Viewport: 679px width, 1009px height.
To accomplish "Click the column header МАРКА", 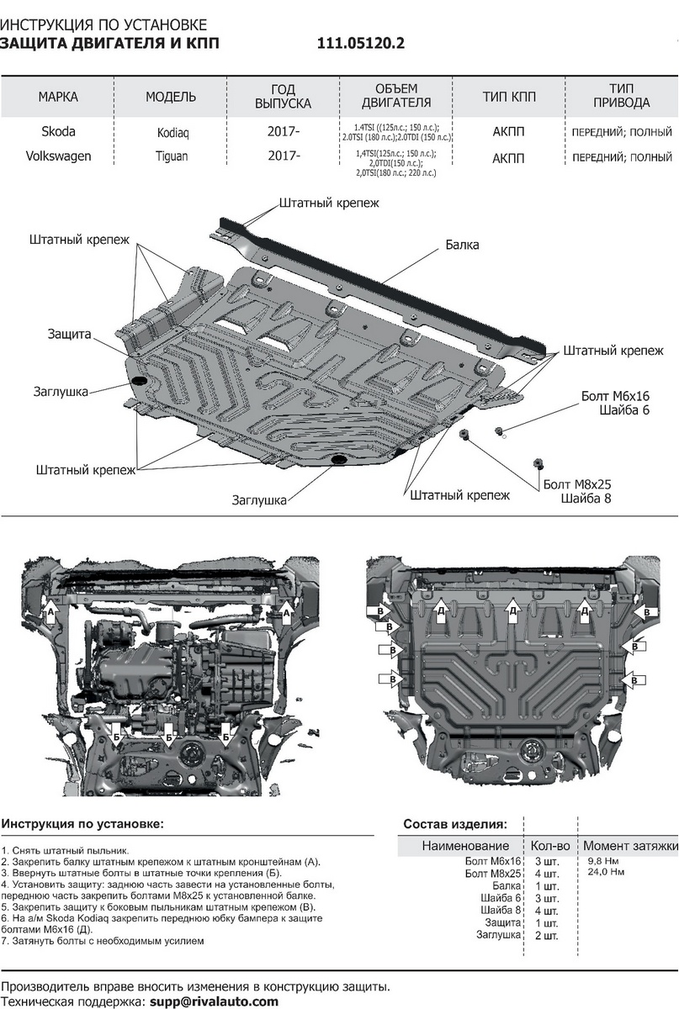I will point(58,97).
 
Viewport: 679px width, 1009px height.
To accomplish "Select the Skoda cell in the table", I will point(58,132).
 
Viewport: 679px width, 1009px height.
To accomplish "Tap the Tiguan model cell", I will point(172,156).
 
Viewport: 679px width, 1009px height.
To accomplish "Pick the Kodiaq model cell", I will point(172,133).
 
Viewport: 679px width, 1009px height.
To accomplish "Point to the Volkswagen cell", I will point(58,156).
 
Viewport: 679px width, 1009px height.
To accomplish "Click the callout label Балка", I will point(462,246).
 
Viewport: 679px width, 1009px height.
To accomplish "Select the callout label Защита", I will point(69,335).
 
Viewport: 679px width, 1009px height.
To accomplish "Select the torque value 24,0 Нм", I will point(606,872).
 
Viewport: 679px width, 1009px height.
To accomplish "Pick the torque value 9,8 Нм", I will point(603,861).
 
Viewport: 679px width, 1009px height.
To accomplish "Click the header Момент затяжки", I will point(630,845).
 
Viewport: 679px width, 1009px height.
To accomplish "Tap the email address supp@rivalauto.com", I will point(214,1001).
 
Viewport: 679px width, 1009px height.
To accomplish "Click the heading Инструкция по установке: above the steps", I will point(82,822).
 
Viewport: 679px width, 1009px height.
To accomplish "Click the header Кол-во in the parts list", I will point(550,845).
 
